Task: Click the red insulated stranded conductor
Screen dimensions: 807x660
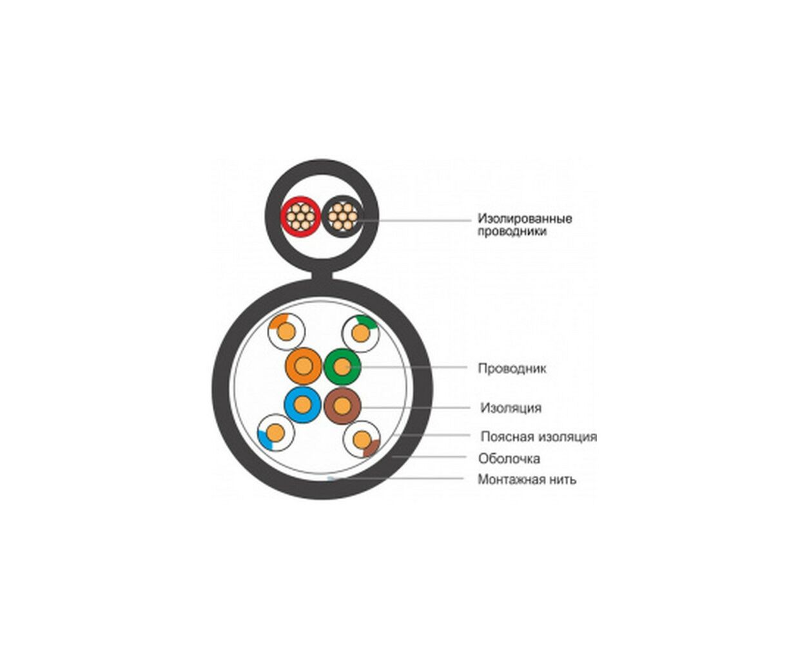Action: click(300, 217)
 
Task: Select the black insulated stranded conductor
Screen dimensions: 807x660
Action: click(342, 217)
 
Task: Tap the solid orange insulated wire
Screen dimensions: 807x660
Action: click(304, 366)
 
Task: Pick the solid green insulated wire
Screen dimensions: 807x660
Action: click(342, 367)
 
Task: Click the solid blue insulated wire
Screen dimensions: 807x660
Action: click(303, 405)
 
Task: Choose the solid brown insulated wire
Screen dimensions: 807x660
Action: click(342, 406)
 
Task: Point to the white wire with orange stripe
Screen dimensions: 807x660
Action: click(286, 331)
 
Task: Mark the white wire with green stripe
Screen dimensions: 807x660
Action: click(360, 334)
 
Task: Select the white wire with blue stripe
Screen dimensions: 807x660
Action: click(275, 433)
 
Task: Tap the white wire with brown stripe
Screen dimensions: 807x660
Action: click(362, 440)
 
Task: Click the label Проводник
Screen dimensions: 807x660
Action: click(512, 369)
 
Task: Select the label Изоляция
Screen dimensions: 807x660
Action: click(511, 408)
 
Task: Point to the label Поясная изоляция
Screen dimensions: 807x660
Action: click(539, 436)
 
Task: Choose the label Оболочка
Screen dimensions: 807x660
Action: click(509, 458)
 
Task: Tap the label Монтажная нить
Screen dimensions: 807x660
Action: click(527, 480)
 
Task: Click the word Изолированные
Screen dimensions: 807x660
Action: click(525, 218)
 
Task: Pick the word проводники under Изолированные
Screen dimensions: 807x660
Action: click(512, 231)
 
